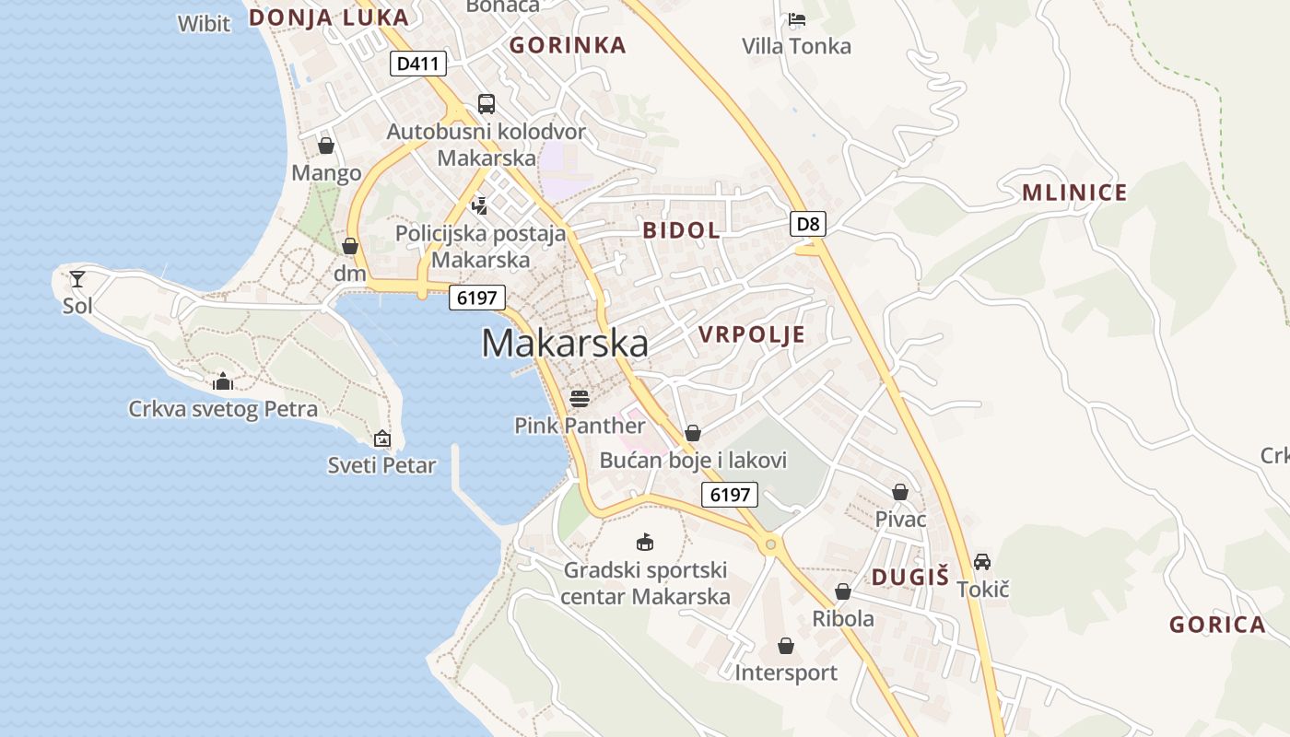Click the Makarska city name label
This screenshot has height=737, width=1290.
564,344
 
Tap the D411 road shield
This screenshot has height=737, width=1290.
418,64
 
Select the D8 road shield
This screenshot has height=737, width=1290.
807,223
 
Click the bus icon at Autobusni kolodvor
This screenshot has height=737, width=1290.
486,104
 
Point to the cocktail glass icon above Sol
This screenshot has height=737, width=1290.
77,278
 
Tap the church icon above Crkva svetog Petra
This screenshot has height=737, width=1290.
222,381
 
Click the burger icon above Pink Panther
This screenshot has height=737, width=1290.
580,398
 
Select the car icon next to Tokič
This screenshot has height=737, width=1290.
982,561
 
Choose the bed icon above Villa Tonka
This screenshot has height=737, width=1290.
797,19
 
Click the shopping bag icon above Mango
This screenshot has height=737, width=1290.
325,146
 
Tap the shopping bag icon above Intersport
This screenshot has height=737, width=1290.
785,646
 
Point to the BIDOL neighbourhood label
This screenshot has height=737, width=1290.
682,230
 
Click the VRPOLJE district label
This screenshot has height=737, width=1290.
752,334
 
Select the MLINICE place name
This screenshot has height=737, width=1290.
1074,193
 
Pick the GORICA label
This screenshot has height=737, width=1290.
1217,625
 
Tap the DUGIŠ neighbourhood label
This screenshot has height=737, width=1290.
909,578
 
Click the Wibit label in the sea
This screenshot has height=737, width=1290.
204,24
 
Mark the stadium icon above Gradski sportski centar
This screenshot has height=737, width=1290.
645,543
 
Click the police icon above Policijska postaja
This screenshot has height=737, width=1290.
479,205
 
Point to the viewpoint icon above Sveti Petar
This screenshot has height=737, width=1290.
381,439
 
